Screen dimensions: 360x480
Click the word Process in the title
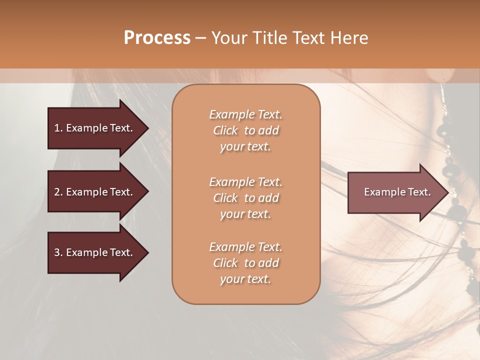(157, 38)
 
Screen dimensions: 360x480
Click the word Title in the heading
(268, 38)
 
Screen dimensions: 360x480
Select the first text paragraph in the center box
(245, 130)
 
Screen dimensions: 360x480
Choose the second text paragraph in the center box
(245, 198)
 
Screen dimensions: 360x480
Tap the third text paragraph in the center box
(245, 263)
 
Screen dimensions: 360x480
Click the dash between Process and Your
(201, 38)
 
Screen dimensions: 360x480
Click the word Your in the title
(230, 38)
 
